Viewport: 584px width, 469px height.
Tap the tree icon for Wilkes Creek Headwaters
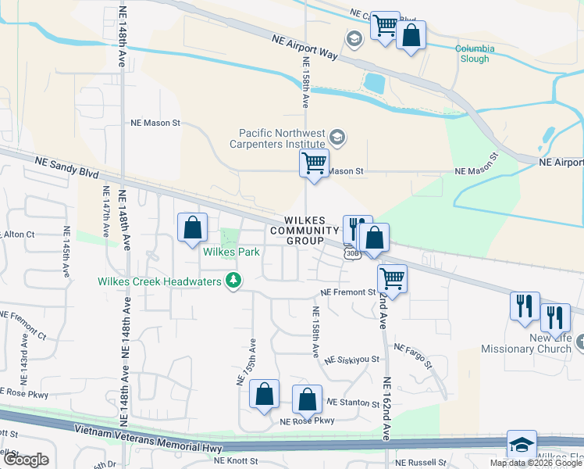(x=232, y=281)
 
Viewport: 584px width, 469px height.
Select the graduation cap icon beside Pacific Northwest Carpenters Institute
(x=337, y=139)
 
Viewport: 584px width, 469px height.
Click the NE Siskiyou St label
(x=352, y=360)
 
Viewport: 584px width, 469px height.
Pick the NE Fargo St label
(x=412, y=355)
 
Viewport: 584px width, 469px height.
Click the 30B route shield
(x=352, y=252)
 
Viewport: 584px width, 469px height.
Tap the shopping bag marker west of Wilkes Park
(x=193, y=229)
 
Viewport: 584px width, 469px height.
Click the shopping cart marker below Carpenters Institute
(x=314, y=165)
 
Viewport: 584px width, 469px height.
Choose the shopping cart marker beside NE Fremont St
(x=392, y=279)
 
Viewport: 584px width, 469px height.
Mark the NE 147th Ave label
(x=105, y=211)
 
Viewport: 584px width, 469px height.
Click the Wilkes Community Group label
(x=304, y=231)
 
